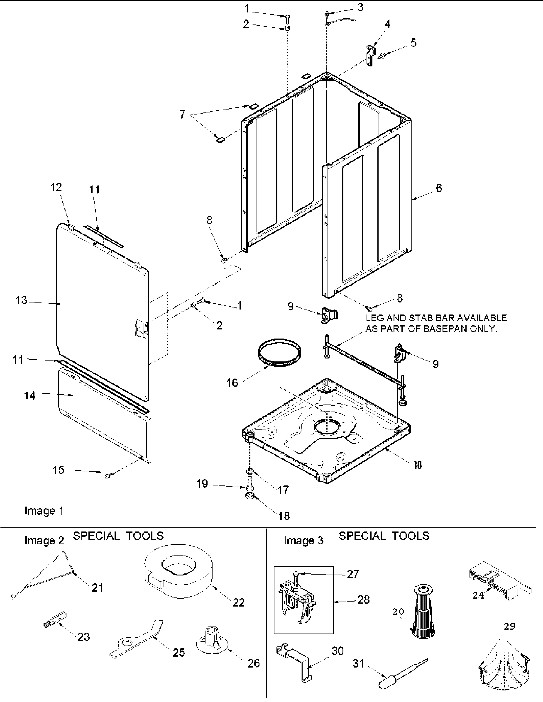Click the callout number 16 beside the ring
click(x=232, y=383)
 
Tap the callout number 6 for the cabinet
click(x=439, y=188)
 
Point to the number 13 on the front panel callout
click(x=21, y=300)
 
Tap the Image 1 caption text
click(x=44, y=510)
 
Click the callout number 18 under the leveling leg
click(x=284, y=516)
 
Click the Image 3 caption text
click(x=303, y=541)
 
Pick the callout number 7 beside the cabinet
click(x=182, y=114)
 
